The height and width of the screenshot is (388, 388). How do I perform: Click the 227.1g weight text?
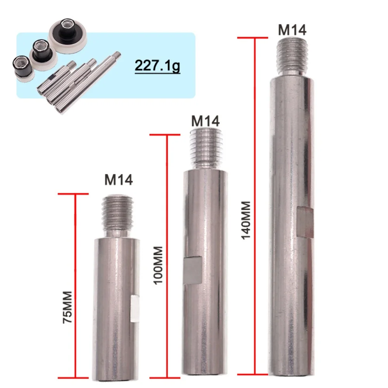click(157, 66)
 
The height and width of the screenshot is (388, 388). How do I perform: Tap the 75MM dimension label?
click(67, 307)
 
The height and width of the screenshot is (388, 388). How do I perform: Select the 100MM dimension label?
click(158, 265)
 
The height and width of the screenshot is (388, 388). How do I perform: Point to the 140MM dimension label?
click(246, 220)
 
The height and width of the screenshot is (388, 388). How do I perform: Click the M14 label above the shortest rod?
click(119, 179)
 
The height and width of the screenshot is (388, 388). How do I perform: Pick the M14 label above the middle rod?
click(205, 121)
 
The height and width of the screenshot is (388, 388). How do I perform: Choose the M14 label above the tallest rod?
click(292, 30)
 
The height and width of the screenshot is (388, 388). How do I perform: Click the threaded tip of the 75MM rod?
click(117, 214)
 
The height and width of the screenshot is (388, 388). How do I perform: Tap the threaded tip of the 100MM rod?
click(206, 148)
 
